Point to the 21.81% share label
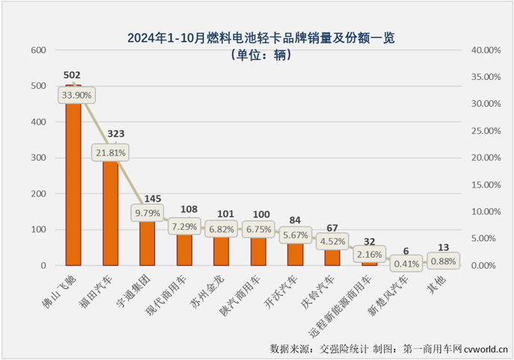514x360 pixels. click(111, 152)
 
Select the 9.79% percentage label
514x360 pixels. click(147, 213)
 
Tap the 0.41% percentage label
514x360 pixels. click(406, 263)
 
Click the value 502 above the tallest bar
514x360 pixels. click(72, 75)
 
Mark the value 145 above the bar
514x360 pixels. click(147, 199)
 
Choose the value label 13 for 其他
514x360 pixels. click(443, 247)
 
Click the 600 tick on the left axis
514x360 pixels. click(37, 50)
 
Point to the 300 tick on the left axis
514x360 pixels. click(37, 158)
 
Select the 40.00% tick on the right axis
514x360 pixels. click(483, 50)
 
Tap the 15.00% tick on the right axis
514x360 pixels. click(483, 184)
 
